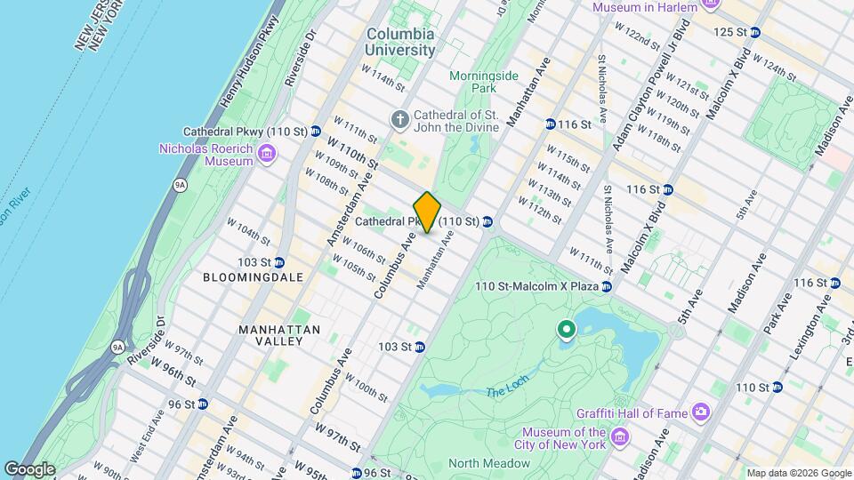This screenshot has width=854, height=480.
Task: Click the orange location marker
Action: point(427,212)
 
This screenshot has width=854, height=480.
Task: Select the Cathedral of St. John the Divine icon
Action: point(400,119)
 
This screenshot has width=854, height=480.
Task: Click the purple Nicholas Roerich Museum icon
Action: point(265,156)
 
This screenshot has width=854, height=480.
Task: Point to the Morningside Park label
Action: point(483,82)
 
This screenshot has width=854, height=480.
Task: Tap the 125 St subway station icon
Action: point(754,32)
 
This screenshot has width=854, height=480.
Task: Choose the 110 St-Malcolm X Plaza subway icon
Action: point(606,286)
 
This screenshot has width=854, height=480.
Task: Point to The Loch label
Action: point(507,392)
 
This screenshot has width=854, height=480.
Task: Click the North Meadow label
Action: point(489,463)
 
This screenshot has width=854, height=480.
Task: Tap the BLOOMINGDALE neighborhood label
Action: point(253,277)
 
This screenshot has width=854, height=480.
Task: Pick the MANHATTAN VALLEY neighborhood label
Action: point(279,337)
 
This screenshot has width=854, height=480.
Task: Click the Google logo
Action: point(29,468)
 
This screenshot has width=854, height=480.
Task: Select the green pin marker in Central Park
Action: point(566,331)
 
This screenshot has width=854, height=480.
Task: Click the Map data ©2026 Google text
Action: point(797,473)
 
